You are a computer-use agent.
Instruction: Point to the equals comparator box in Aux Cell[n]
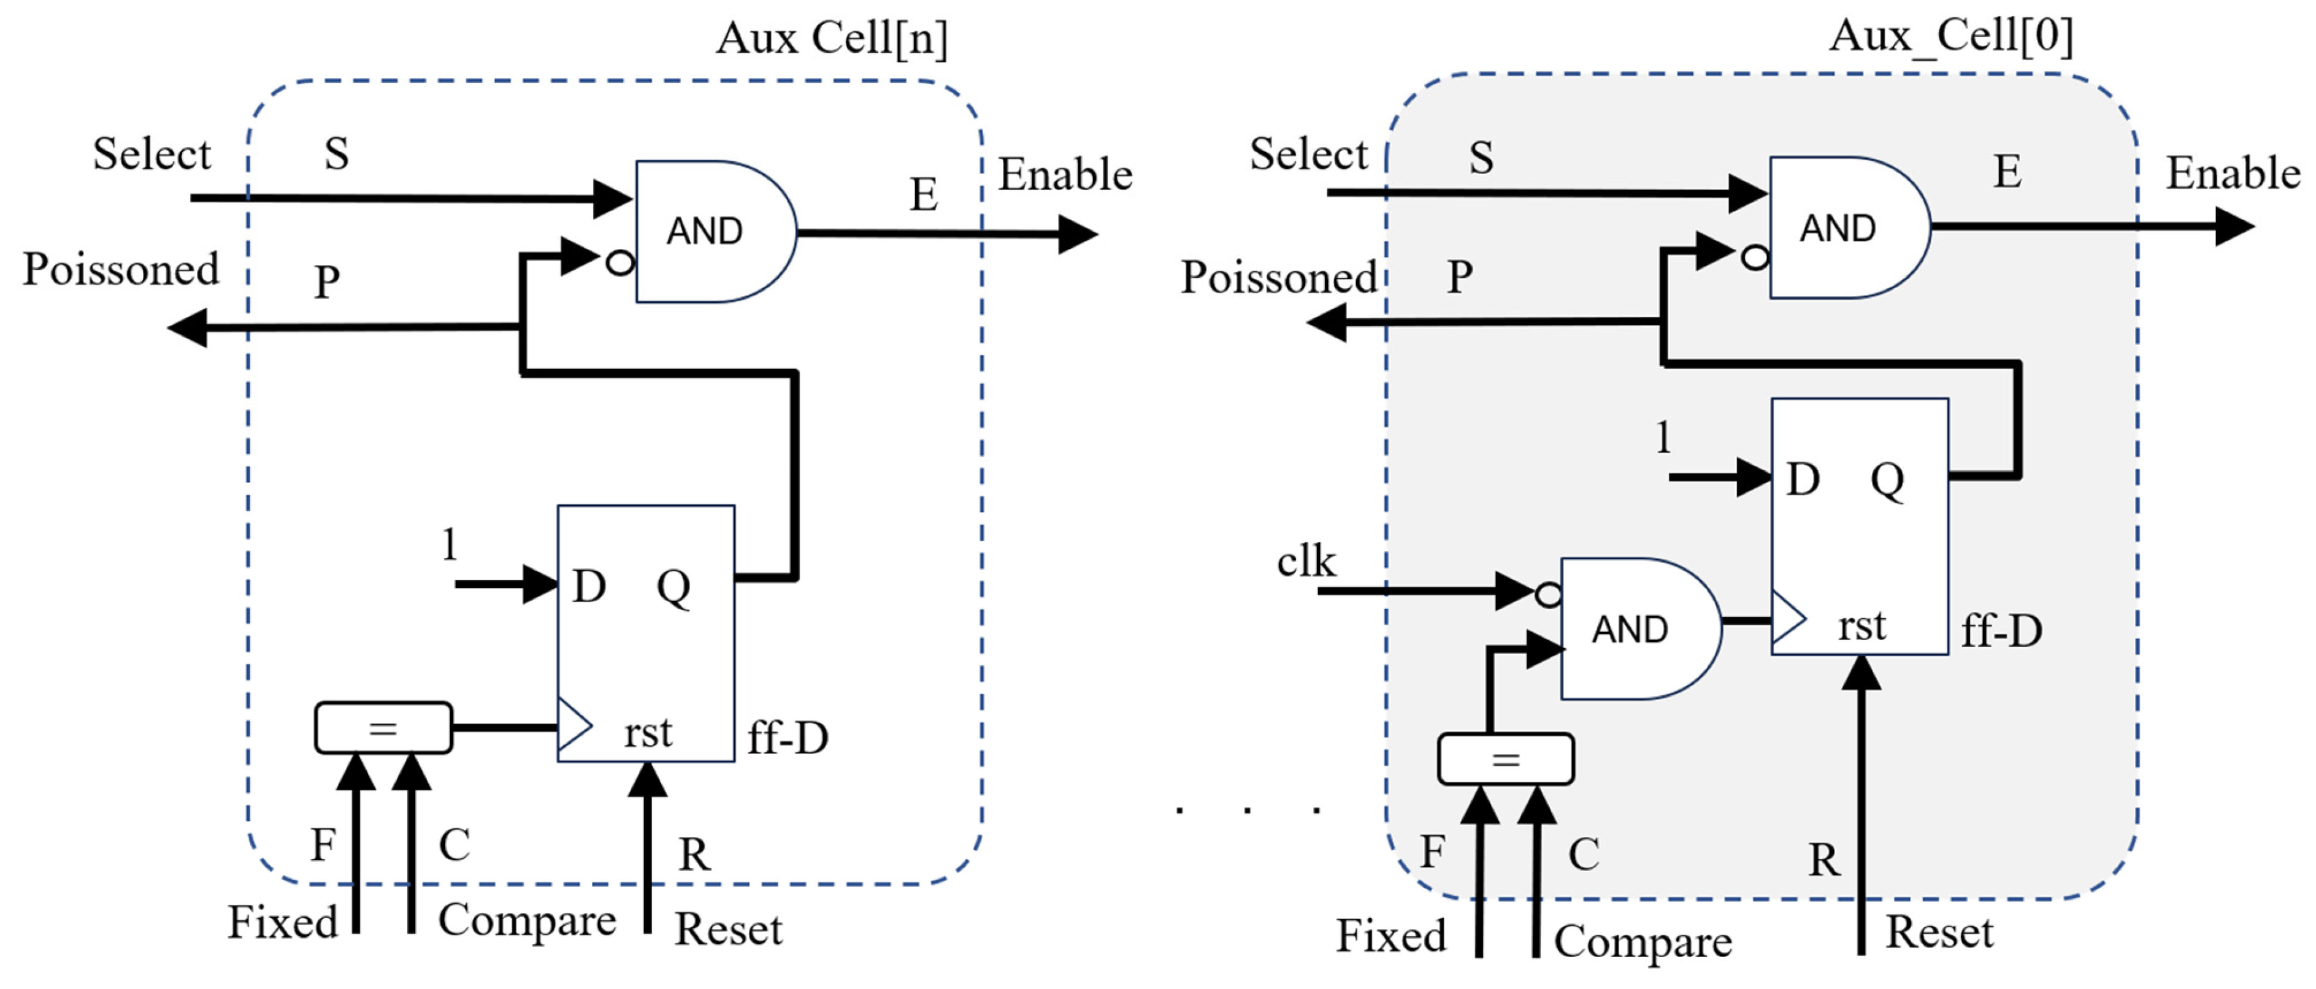[x=383, y=727]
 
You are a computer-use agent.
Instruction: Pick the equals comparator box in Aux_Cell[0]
[x=1505, y=759]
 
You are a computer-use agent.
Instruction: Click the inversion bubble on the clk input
[x=1547, y=594]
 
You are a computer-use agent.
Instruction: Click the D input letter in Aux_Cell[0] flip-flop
[x=1802, y=479]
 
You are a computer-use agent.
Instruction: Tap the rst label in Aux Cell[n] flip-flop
[x=647, y=732]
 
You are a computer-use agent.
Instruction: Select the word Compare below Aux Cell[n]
[x=527, y=921]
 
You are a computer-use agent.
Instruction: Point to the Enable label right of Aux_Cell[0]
[x=2233, y=173]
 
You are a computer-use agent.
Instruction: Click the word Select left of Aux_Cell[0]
[x=1308, y=154]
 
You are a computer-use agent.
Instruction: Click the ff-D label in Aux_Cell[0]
[x=2001, y=630]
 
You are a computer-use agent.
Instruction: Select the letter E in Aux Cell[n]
[x=923, y=194]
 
